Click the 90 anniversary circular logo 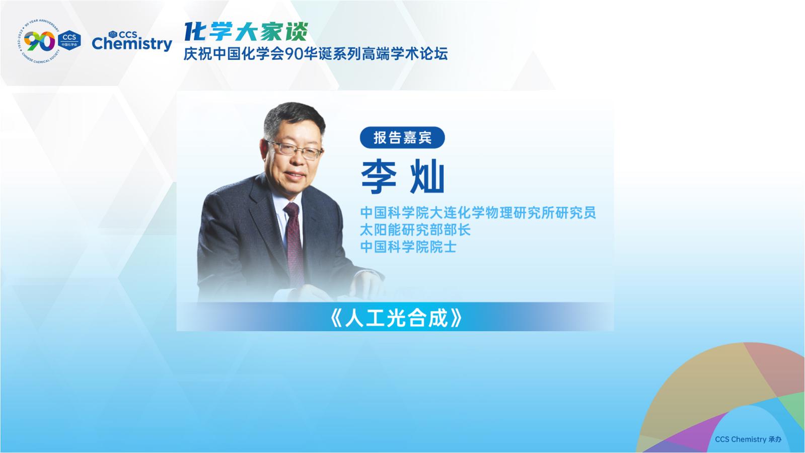coord(39,41)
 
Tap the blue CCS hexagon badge coord(69,40)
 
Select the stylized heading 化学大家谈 coord(246,32)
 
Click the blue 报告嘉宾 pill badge coord(402,137)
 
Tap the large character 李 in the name coord(379,177)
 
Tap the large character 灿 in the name coord(427,177)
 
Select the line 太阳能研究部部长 coord(415,230)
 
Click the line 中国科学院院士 coord(408,247)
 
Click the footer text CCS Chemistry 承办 coord(748,439)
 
